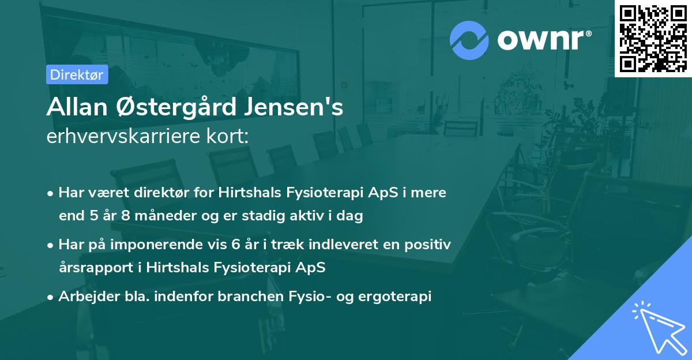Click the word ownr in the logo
(x=543, y=40)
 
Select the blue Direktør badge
(x=77, y=74)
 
